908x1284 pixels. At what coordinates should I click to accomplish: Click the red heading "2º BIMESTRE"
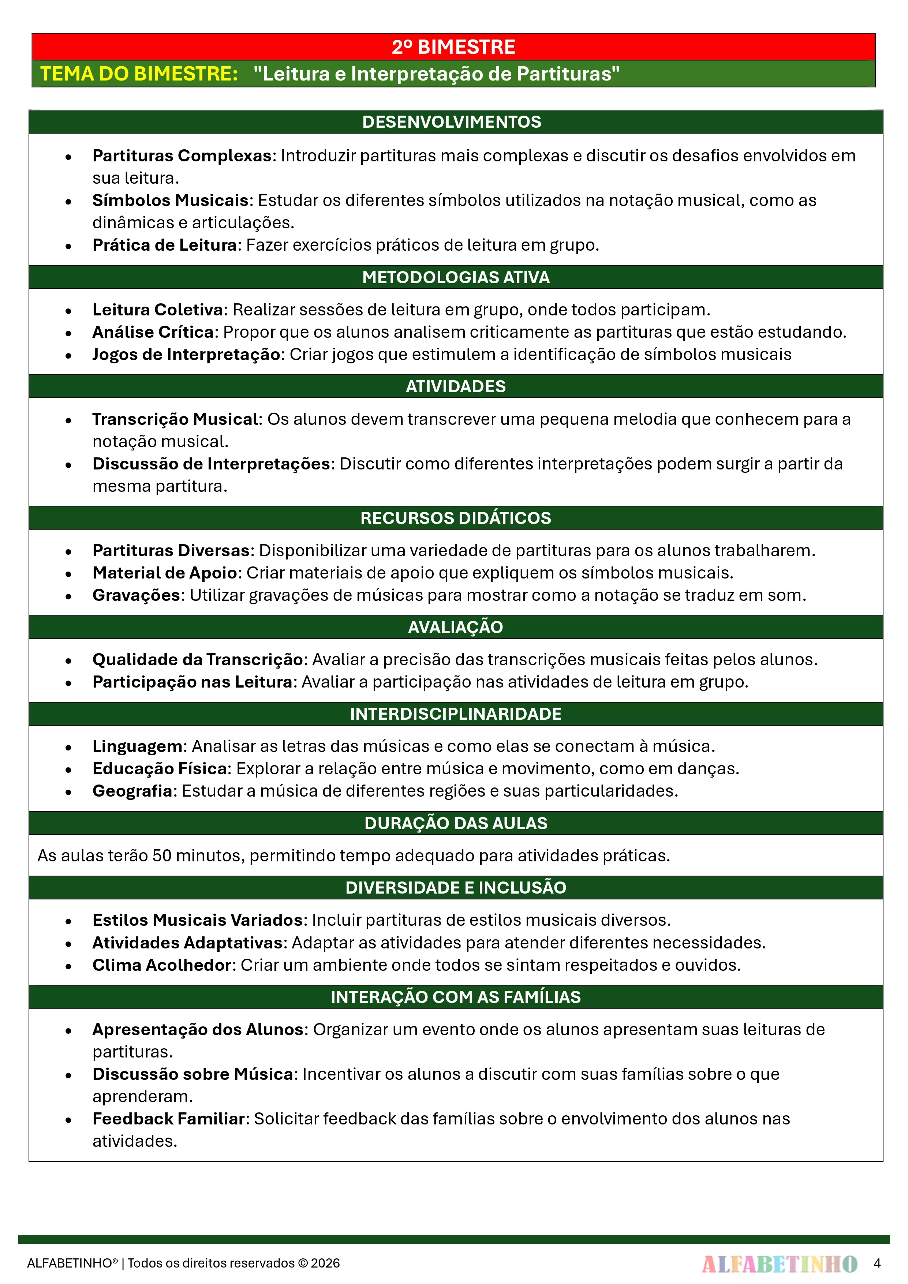pos(453,47)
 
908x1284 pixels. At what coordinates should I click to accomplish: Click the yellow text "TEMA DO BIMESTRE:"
pos(139,74)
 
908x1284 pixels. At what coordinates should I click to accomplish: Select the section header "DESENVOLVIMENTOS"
pos(452,122)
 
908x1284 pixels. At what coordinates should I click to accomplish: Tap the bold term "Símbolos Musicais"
pos(170,200)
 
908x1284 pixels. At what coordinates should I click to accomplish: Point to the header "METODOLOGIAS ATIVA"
pos(455,277)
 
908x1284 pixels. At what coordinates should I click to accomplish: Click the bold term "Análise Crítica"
pos(153,332)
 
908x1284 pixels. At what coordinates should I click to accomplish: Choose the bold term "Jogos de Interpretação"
pos(186,355)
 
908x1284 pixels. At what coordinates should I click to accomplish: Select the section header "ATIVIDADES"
pos(455,386)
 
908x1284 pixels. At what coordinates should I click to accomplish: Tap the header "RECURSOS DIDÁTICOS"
pos(455,518)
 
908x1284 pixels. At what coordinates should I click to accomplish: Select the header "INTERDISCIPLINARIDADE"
pos(455,714)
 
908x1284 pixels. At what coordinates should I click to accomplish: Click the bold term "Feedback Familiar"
pos(168,1119)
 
